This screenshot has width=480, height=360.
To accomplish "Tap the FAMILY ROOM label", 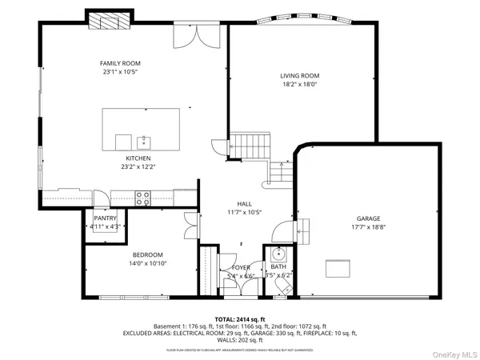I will pos(119,63).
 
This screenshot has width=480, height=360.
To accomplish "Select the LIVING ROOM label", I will pos(299,76).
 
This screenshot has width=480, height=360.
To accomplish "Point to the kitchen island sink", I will pos(145,142).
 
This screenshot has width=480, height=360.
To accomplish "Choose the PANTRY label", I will pos(106,218).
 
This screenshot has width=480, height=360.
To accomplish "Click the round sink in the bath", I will pos(278,254).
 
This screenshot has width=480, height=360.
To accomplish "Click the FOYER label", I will pos(242,267).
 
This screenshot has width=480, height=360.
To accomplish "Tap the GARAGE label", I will pos(368,218).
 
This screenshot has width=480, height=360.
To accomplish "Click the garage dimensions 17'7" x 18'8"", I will pos(368,227).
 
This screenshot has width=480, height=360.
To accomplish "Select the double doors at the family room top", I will pos(194,35).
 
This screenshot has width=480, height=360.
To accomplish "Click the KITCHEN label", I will pos(134,159).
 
